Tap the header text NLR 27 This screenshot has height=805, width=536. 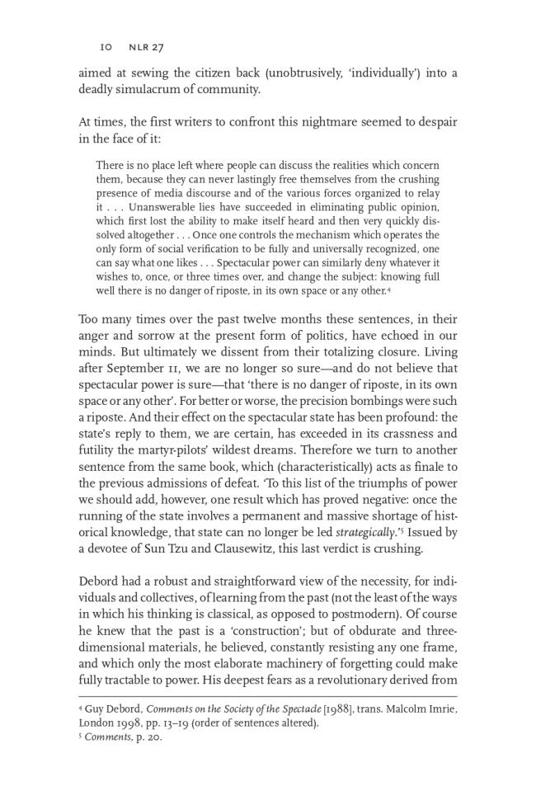click(144, 47)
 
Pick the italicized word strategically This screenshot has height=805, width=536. click(364, 532)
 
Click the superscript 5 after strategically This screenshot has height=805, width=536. click(398, 529)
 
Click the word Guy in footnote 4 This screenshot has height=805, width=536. click(96, 711)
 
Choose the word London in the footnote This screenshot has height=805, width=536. click(97, 724)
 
